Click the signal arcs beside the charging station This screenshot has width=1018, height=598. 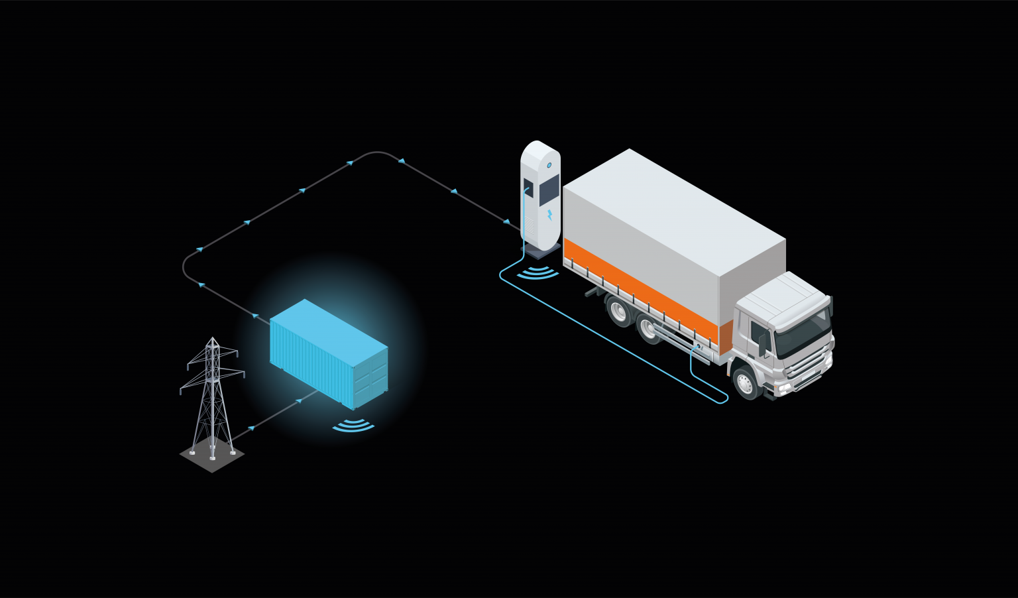point(537,272)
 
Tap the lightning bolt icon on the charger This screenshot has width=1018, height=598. point(549,215)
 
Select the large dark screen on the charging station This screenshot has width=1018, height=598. point(549,191)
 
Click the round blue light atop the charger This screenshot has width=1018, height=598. point(549,165)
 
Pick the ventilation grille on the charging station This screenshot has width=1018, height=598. point(530,226)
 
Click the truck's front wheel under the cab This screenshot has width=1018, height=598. point(747,382)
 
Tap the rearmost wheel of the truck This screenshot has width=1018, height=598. point(620,310)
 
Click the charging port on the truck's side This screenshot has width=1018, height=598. point(699,346)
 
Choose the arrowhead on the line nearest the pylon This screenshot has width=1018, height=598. point(251,429)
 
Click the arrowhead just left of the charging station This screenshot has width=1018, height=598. point(507,222)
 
